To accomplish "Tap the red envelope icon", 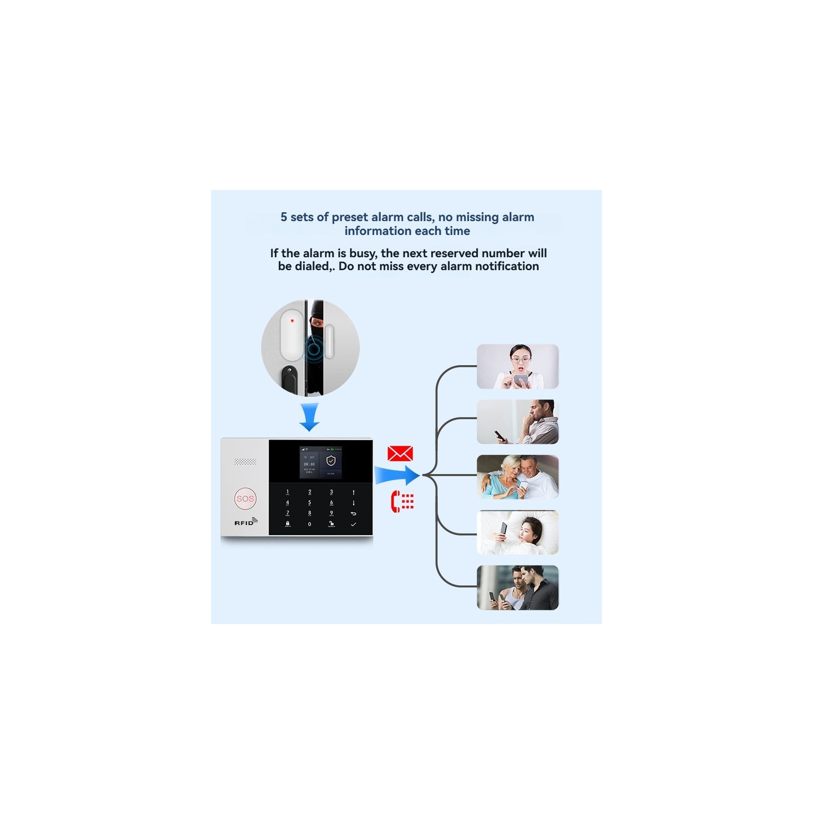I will coord(400,454).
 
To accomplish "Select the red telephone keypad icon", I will coord(402,501).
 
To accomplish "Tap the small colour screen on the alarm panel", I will coord(321,462).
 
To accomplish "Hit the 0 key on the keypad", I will coord(310,524).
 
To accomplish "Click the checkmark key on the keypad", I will coord(353,524).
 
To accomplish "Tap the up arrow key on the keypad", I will coord(353,492).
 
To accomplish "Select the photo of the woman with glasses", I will coord(517,366).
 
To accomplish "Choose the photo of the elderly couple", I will coord(517,477).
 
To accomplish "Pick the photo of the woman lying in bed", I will coord(517,532).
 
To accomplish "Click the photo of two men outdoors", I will coord(517,588).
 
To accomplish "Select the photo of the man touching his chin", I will coord(517,422).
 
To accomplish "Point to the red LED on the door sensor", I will coord(292,321).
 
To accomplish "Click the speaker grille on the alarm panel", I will coord(245,462).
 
